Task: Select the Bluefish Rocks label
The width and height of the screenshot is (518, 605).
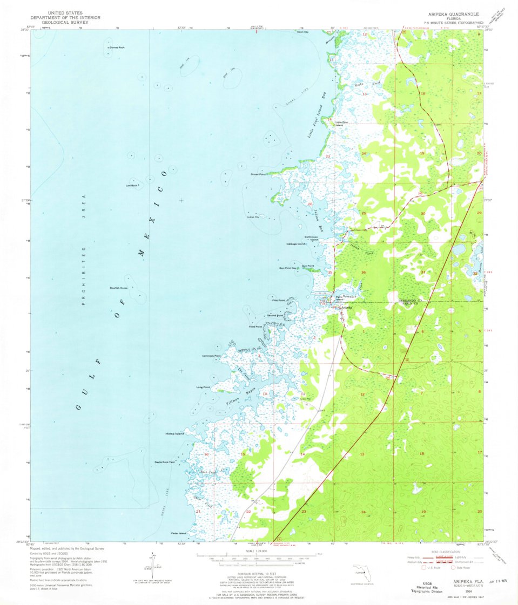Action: [118, 288]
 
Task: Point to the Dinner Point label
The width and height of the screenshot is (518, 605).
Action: [258, 174]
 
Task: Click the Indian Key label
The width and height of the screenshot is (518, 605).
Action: [253, 217]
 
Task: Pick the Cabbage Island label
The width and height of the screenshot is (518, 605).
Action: [296, 244]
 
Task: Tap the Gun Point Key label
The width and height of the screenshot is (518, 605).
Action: [288, 268]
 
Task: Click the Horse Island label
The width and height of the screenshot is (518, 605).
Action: [176, 434]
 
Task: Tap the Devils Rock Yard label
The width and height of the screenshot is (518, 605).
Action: [165, 462]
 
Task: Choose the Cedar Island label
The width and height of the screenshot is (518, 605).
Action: [178, 533]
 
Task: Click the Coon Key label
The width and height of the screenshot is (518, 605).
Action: [302, 32]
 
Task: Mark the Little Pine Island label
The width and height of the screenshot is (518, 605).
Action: [342, 124]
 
